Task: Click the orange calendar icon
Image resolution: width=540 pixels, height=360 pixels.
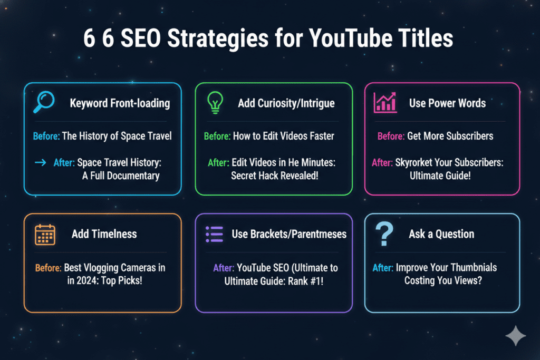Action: point(45,234)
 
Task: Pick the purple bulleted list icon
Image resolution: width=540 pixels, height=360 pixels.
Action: point(214,234)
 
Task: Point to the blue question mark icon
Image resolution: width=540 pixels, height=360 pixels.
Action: point(384,234)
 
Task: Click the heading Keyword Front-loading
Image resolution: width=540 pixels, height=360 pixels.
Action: point(120,103)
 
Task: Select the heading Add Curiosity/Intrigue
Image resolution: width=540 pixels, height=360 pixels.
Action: point(286,103)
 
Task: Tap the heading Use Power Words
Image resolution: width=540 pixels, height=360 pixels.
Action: point(447,103)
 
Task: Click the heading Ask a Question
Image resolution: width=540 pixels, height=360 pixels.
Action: point(441,234)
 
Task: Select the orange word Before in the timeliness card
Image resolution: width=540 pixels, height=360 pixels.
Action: point(48,267)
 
